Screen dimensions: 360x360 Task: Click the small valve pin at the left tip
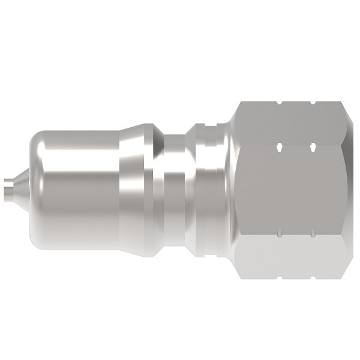(10, 185)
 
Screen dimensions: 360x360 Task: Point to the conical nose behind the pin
(23, 180)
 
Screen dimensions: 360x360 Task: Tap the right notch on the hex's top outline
(314, 103)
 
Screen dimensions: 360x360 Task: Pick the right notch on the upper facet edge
(314, 145)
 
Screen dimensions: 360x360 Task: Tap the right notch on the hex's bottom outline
(314, 277)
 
